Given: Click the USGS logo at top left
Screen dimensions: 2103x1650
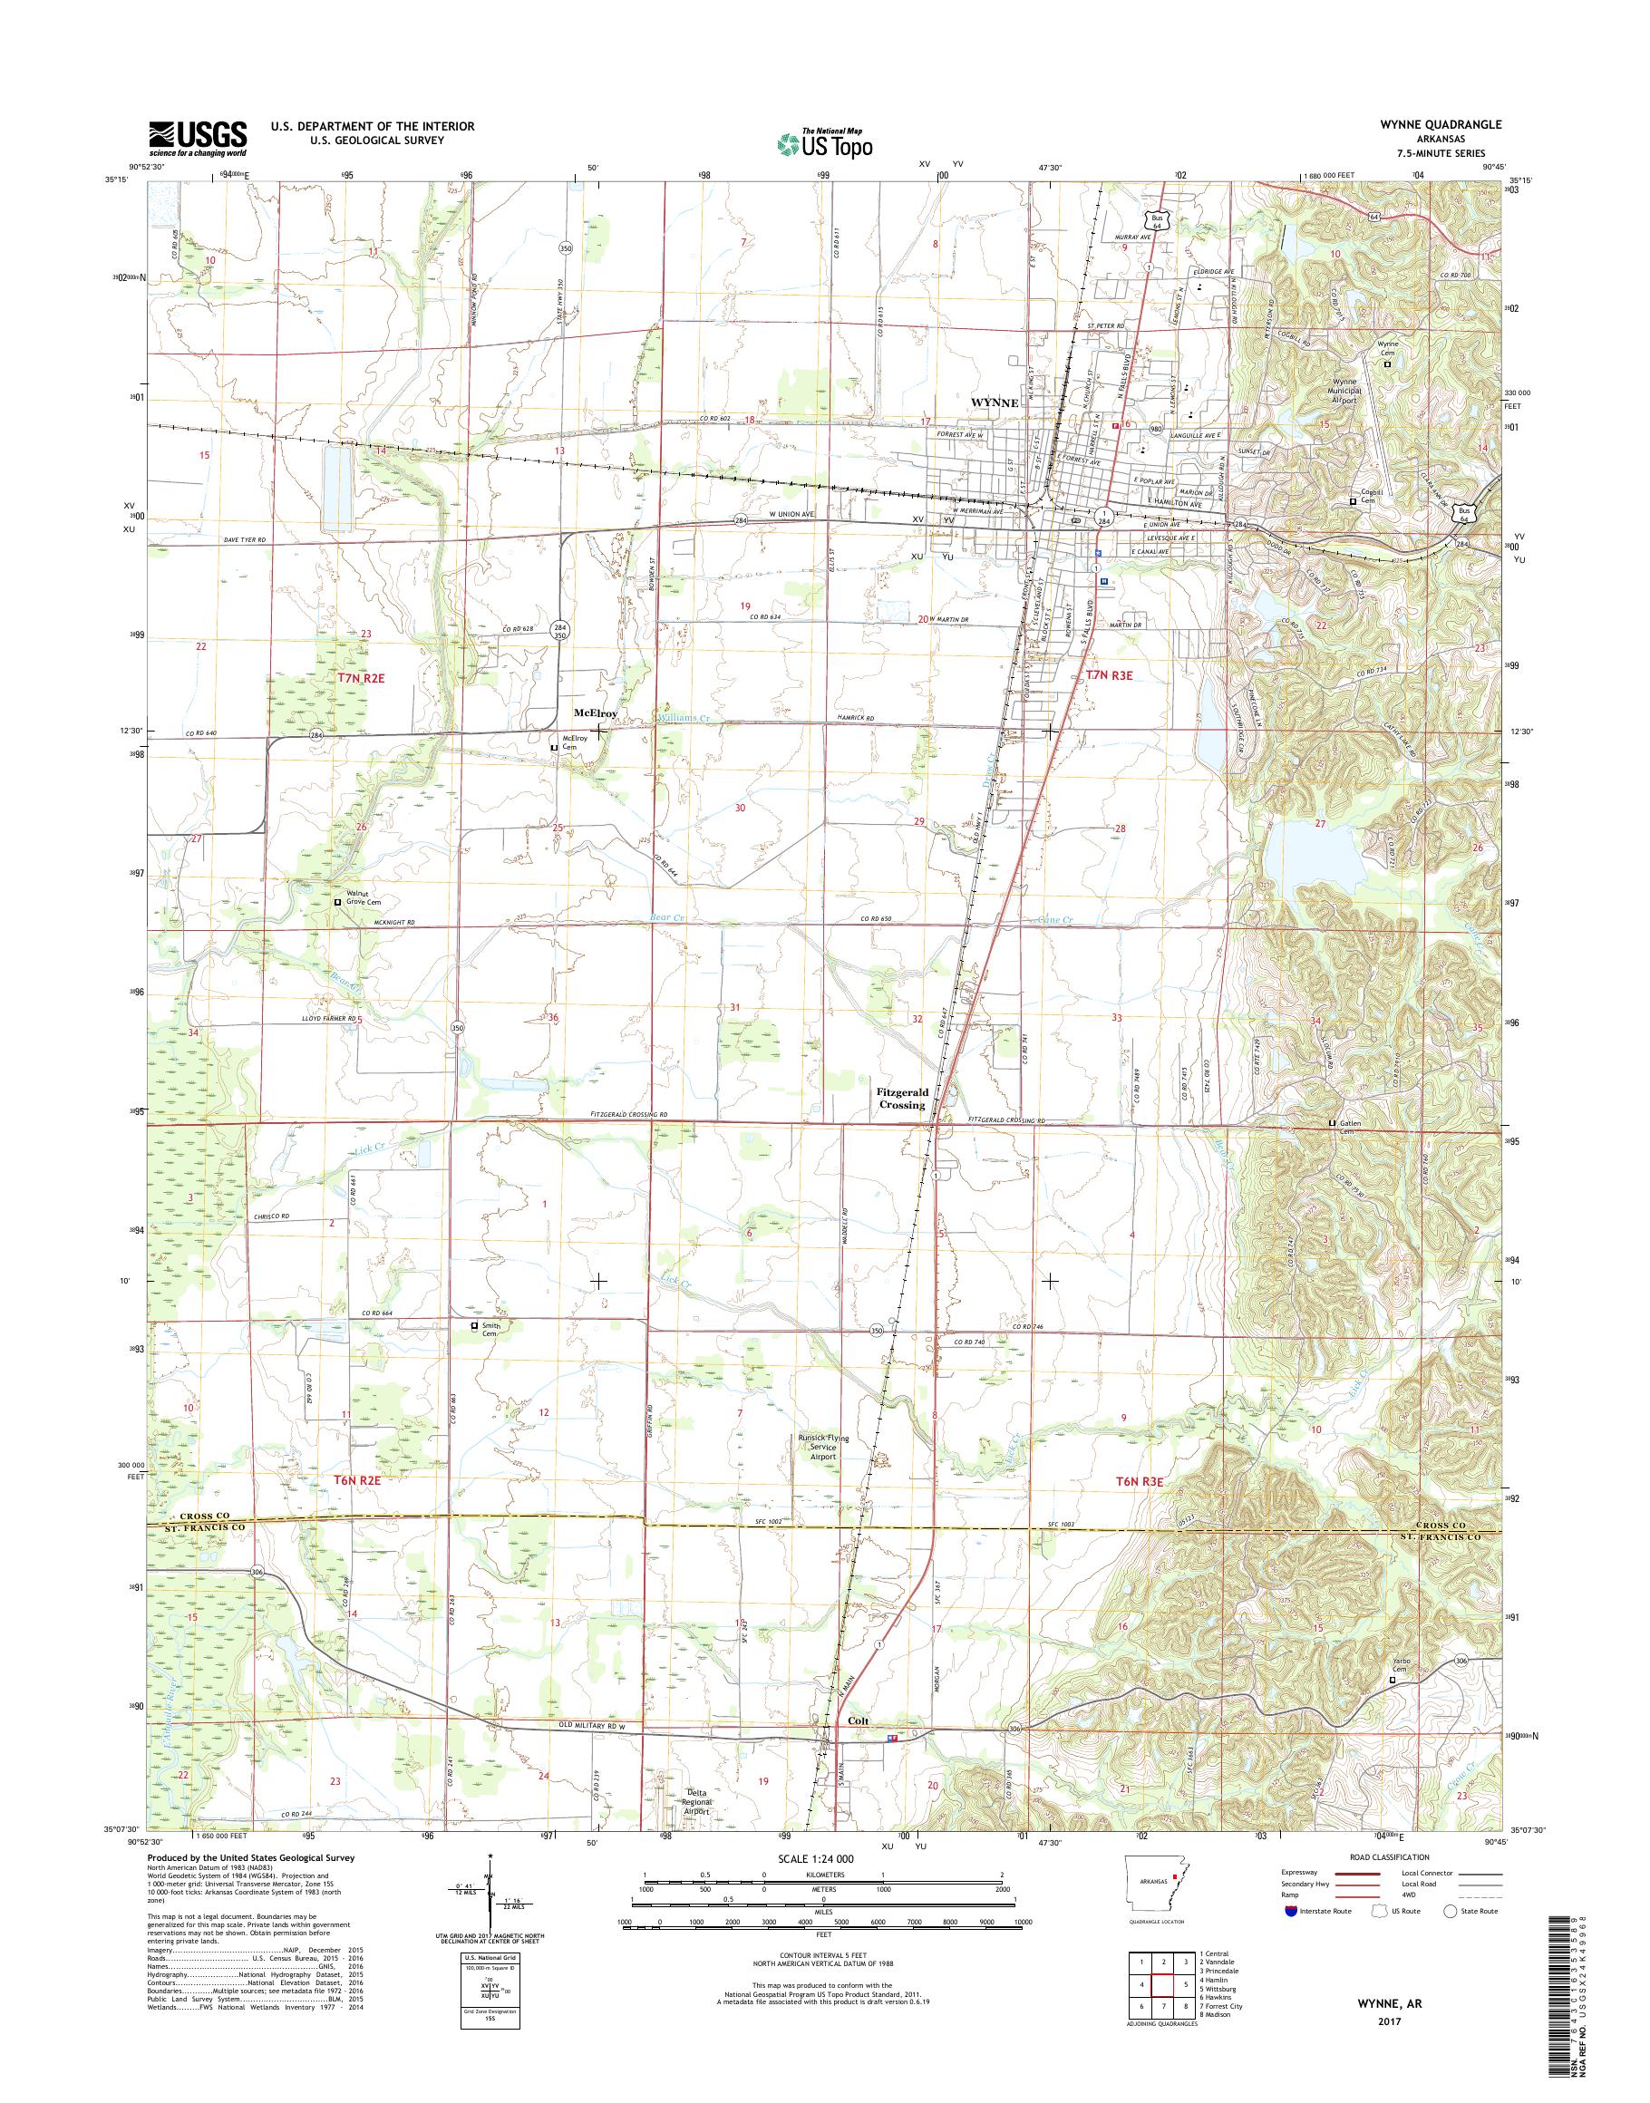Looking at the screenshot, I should pos(197,138).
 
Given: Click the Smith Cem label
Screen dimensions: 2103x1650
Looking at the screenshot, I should pos(491,1330).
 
